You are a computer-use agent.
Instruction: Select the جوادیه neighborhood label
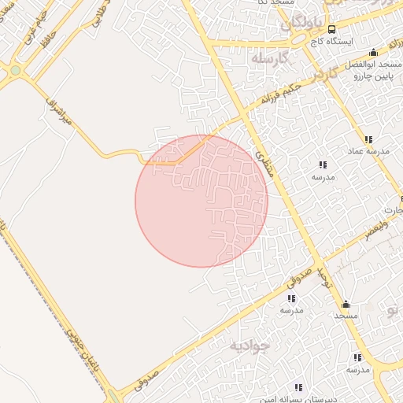pyautogui.click(x=250, y=345)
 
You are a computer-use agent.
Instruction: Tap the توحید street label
pyautogui.click(x=320, y=275)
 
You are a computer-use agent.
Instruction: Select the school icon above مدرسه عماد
pyautogui.click(x=368, y=139)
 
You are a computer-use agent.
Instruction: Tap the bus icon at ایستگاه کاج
pyautogui.click(x=331, y=28)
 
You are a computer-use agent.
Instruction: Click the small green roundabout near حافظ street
pyautogui.click(x=14, y=71)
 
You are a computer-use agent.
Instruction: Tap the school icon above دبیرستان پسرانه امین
pyautogui.click(x=298, y=387)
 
